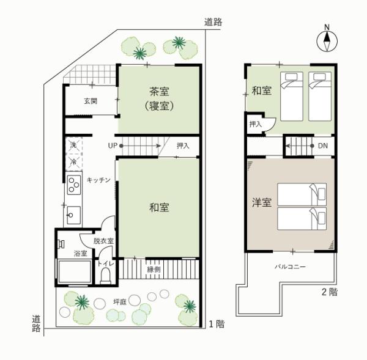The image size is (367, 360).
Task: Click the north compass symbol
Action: coord(327,41)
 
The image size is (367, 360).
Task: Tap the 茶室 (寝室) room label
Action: coord(159,98)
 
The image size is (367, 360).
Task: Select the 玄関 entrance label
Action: coord(91,101)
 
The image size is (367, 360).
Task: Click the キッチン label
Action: coord(98,180)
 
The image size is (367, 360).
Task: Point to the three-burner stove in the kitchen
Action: coord(74,185)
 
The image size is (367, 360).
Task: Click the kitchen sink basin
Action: coord(74,215)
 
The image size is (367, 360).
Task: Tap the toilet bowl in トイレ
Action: coord(105,276)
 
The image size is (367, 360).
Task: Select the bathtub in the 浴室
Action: coord(75,271)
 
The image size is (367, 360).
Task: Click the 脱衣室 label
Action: coord(103,241)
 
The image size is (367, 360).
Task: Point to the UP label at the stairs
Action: coord(113,145)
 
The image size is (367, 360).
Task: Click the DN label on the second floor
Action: coord(323,145)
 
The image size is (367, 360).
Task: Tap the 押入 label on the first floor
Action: coord(183,145)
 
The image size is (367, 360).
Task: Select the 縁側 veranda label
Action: coord(154,270)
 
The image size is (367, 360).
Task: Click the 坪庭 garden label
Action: coord(120,302)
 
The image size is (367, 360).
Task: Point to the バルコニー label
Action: coord(290,266)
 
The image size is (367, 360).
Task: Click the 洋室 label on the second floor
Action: coord(262,202)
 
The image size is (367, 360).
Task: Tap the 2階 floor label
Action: coord(330,292)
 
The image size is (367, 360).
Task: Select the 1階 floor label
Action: coord(217,324)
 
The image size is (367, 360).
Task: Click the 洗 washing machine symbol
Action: coord(73,145)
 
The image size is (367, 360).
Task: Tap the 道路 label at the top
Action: coord(213,22)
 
